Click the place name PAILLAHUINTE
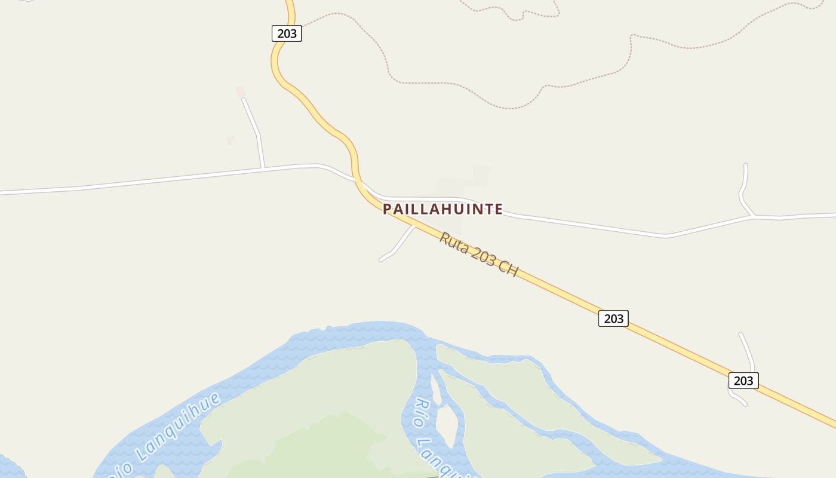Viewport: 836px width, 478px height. [x=442, y=209]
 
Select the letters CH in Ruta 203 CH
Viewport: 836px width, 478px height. [x=508, y=269]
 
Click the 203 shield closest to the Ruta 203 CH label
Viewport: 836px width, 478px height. [x=613, y=318]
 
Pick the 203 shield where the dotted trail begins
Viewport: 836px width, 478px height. [x=287, y=33]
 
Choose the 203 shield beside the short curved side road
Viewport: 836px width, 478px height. [x=743, y=381]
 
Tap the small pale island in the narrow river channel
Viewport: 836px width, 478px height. [x=447, y=425]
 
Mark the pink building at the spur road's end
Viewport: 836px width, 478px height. [x=241, y=91]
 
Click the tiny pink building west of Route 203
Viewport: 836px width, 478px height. [x=230, y=140]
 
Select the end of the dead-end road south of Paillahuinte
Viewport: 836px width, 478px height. [x=381, y=260]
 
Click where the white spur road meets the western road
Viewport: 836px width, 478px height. [x=263, y=168]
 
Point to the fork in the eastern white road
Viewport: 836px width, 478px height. [x=753, y=216]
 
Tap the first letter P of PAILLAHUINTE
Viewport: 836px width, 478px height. [x=387, y=209]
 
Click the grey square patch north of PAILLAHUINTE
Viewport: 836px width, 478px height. [x=481, y=174]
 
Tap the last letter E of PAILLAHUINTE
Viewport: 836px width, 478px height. [x=498, y=209]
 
